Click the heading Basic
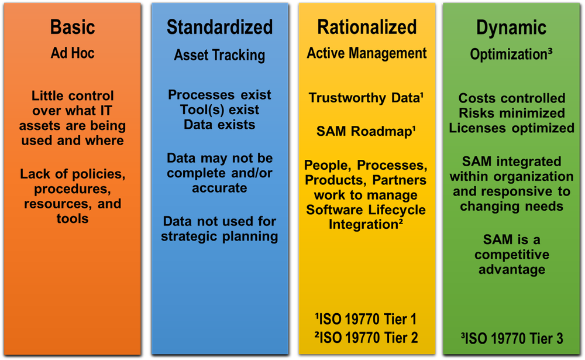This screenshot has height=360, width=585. click(73, 27)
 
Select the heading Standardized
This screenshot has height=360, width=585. click(219, 27)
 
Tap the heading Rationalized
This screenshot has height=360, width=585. click(367, 27)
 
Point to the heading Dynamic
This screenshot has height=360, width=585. click(512, 28)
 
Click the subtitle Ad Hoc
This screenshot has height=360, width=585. click(73, 53)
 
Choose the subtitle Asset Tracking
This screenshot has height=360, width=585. click(219, 56)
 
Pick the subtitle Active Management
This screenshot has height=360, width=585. click(367, 53)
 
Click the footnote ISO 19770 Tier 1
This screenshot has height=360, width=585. click(366, 320)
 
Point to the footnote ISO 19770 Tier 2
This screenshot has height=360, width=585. click(366, 337)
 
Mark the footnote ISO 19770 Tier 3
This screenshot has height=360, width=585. click(512, 338)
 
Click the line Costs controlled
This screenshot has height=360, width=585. click(512, 98)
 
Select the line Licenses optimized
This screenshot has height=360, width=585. click(512, 128)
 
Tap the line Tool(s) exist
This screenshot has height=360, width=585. click(219, 109)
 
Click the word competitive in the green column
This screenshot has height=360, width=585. click(512, 255)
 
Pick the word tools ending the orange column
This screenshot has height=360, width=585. click(73, 219)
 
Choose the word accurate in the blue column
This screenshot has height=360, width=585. click(219, 188)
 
